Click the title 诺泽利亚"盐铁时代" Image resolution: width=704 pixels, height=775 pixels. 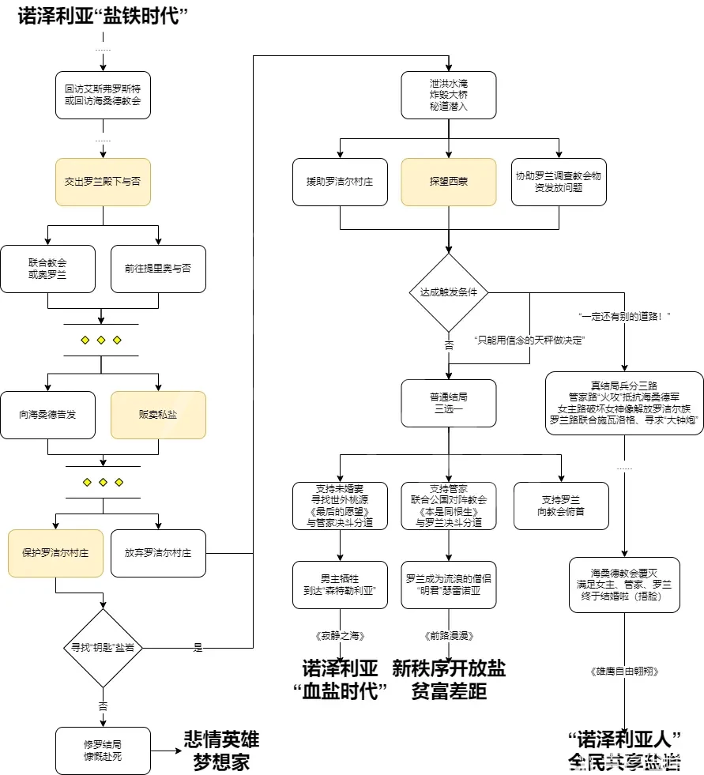[x=107, y=17]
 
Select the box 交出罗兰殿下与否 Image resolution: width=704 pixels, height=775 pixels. [x=103, y=182]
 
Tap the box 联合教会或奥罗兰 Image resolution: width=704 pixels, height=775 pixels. [x=47, y=269]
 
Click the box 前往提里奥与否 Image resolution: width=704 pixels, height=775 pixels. [x=158, y=269]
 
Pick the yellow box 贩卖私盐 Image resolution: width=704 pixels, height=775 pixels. [x=158, y=415]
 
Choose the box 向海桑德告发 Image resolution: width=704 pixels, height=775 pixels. [x=47, y=415]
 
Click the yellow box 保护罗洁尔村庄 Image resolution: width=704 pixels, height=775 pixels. [x=55, y=553]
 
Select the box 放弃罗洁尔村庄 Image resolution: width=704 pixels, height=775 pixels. [x=158, y=553]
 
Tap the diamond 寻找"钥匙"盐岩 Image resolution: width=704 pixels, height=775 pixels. [x=103, y=648]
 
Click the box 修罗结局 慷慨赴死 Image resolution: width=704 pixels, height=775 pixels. [x=103, y=751]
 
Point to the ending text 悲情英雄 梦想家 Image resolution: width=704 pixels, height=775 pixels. [x=221, y=750]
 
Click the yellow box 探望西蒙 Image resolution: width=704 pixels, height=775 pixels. [x=449, y=182]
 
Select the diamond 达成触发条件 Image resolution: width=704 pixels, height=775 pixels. [x=449, y=292]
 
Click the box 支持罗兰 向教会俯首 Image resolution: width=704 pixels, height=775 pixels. [x=561, y=506]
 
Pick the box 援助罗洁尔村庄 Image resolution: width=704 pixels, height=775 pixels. [x=340, y=182]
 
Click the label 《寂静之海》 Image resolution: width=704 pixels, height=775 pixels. [x=340, y=635]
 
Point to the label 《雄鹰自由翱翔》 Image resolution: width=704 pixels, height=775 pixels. [x=624, y=672]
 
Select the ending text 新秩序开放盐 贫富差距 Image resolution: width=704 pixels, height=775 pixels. [x=449, y=680]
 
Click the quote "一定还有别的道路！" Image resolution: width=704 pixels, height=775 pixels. [x=624, y=316]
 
